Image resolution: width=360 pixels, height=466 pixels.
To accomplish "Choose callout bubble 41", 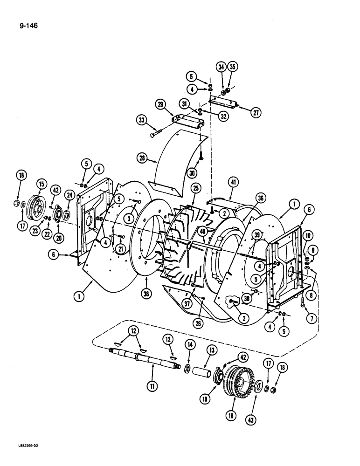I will (234, 182).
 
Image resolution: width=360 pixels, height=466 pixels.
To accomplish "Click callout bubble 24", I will (69, 195).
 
